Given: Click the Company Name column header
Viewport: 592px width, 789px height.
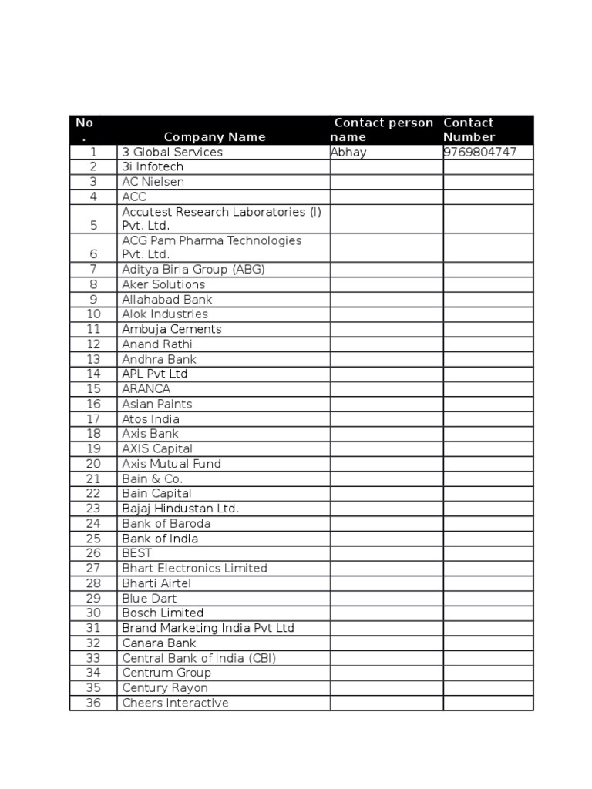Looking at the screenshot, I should pyautogui.click(x=214, y=137).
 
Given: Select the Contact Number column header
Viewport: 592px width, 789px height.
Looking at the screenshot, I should pyautogui.click(x=469, y=129).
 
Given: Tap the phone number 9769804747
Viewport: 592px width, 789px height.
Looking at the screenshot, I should pyautogui.click(x=479, y=152).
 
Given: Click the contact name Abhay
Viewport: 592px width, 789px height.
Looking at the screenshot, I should pyautogui.click(x=349, y=152).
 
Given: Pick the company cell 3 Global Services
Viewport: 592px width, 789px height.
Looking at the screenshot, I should pyautogui.click(x=172, y=152).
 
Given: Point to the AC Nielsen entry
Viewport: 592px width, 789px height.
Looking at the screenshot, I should pyautogui.click(x=153, y=182).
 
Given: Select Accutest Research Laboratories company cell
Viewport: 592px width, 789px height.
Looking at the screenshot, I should pyautogui.click(x=221, y=218).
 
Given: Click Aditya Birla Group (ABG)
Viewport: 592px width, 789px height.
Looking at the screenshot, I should pyautogui.click(x=193, y=270).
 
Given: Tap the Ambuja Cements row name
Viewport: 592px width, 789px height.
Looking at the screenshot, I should pyautogui.click(x=171, y=329).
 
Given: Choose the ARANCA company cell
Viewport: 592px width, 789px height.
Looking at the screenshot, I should pyautogui.click(x=146, y=389).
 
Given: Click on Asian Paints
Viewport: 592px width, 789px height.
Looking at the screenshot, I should pyautogui.click(x=156, y=404).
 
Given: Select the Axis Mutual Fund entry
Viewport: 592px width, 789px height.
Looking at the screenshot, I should pyautogui.click(x=171, y=464).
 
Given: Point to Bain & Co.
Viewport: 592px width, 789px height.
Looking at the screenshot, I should pyautogui.click(x=152, y=478).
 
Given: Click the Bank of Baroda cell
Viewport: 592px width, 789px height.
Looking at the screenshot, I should pyautogui.click(x=166, y=523).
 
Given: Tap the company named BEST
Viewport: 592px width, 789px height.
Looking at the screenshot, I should pyautogui.click(x=136, y=553).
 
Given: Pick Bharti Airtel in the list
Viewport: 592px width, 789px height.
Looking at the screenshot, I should pyautogui.click(x=156, y=583).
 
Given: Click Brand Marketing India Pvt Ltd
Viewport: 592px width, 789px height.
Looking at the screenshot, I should pyautogui.click(x=208, y=628).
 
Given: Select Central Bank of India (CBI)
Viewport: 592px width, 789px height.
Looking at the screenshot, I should pyautogui.click(x=199, y=658).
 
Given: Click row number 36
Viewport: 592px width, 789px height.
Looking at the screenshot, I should pyautogui.click(x=93, y=703).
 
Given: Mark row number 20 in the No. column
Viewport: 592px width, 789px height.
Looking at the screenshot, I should pyautogui.click(x=93, y=464).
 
